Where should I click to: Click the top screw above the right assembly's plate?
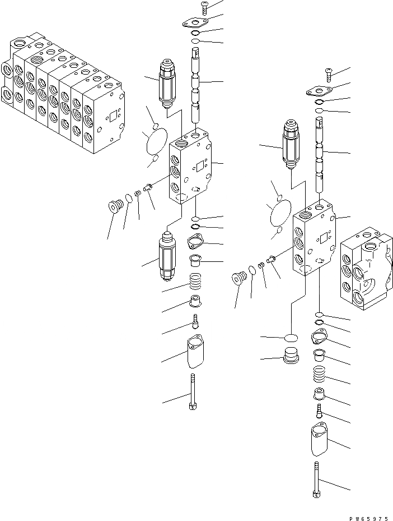pos(328,73)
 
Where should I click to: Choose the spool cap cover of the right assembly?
pos(318,441)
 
